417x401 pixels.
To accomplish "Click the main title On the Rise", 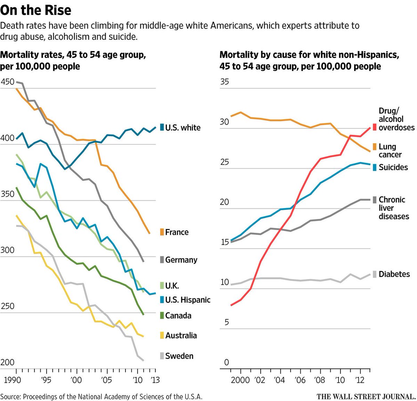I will click(x=36, y=10).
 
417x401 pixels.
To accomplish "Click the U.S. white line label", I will click(x=183, y=128).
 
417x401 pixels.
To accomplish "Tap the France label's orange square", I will click(x=162, y=232).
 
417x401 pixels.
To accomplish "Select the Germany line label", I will click(x=181, y=260).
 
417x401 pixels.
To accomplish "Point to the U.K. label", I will click(x=172, y=286).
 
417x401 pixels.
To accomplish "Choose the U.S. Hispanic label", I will click(x=188, y=300).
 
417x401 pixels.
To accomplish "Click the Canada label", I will click(x=178, y=316).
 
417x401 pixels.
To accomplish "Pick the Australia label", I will click(x=181, y=335).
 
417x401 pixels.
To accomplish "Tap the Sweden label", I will click(x=179, y=356).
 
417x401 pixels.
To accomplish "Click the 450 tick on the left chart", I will click(x=8, y=82).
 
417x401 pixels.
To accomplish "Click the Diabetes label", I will click(x=394, y=274).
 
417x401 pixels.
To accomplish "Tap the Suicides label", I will click(x=393, y=167).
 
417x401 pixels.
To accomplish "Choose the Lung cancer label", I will click(x=390, y=150).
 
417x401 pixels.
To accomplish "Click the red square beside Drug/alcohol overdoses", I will click(x=374, y=127).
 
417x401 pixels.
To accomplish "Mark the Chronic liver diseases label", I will click(x=393, y=208).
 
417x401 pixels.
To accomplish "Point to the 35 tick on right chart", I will click(x=224, y=82).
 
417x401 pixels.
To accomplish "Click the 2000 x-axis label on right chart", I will click(x=240, y=380).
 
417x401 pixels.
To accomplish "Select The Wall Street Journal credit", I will click(x=366, y=396).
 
